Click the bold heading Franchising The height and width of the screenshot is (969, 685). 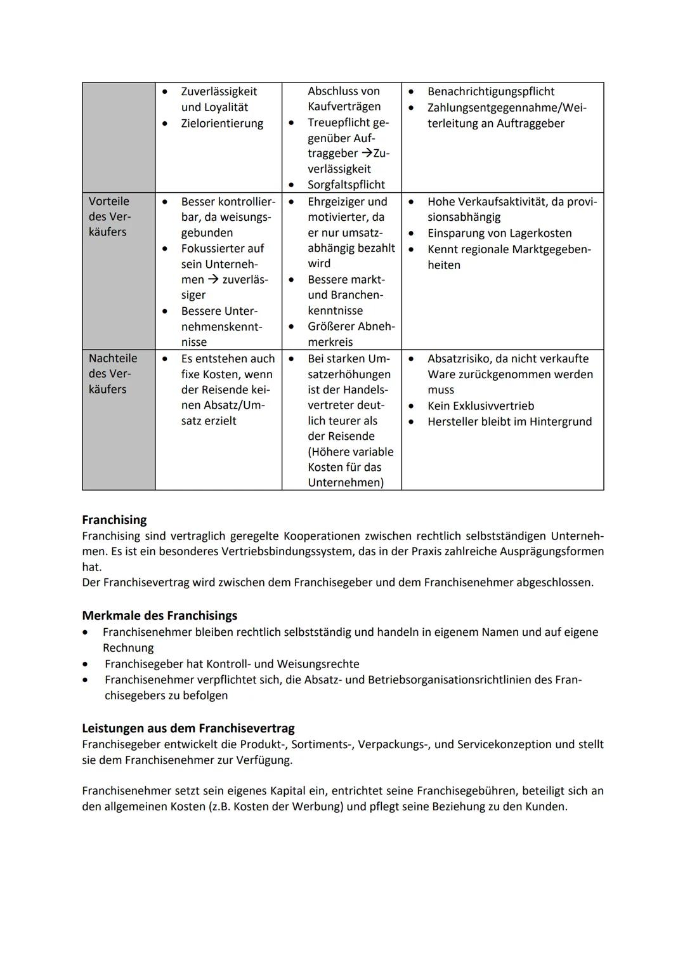point(114,520)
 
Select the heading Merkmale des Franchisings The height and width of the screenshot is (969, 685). point(159,616)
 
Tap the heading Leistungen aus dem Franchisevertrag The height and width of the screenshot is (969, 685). point(188,728)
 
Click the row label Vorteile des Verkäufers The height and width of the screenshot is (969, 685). point(109,216)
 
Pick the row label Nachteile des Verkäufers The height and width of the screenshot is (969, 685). point(112,374)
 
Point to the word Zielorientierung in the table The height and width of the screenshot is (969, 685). point(222,123)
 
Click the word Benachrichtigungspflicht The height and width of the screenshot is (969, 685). point(490,91)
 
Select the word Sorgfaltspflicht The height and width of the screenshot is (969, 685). point(346,185)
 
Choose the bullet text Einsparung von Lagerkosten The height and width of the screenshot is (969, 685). point(499,233)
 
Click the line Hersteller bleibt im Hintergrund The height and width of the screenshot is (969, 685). point(509,421)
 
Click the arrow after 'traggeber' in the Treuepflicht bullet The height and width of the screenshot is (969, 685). point(367,154)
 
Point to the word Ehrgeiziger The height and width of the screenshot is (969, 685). point(337,201)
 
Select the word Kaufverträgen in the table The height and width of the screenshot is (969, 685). point(344,107)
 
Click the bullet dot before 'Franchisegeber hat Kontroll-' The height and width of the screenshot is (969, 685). point(86,664)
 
